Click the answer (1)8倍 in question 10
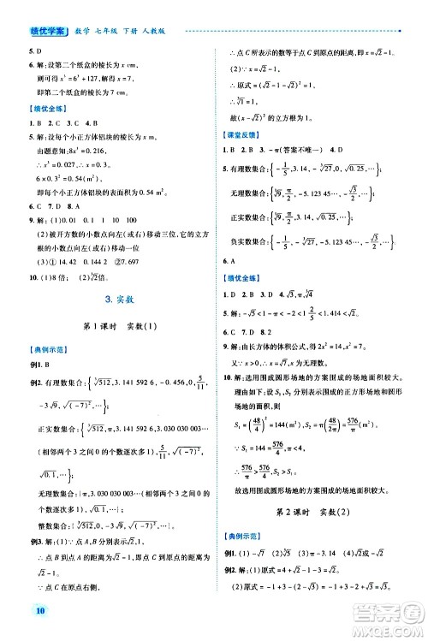[43, 276]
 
